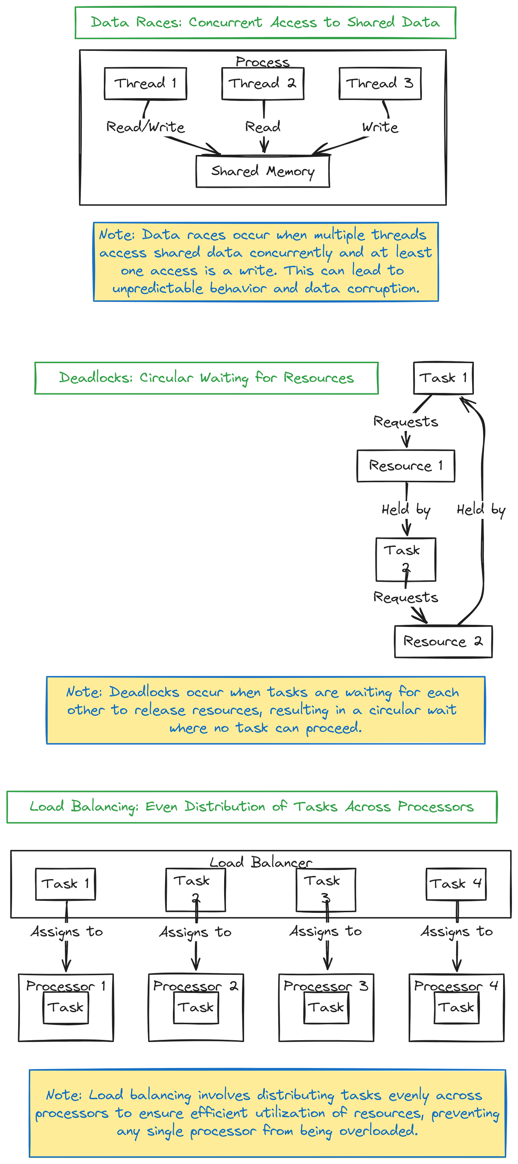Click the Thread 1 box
tap(145, 84)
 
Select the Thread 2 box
tap(263, 84)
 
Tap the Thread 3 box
tap(380, 84)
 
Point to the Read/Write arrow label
tap(145, 127)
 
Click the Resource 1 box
tap(406, 466)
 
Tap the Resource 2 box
tap(443, 641)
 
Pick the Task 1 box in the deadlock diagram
tap(443, 378)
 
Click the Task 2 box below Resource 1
tap(406, 559)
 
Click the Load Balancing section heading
tap(252, 807)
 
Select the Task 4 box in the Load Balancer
tap(456, 884)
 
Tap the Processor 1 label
tap(65, 986)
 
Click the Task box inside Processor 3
tap(326, 1007)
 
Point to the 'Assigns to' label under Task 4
tap(456, 931)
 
